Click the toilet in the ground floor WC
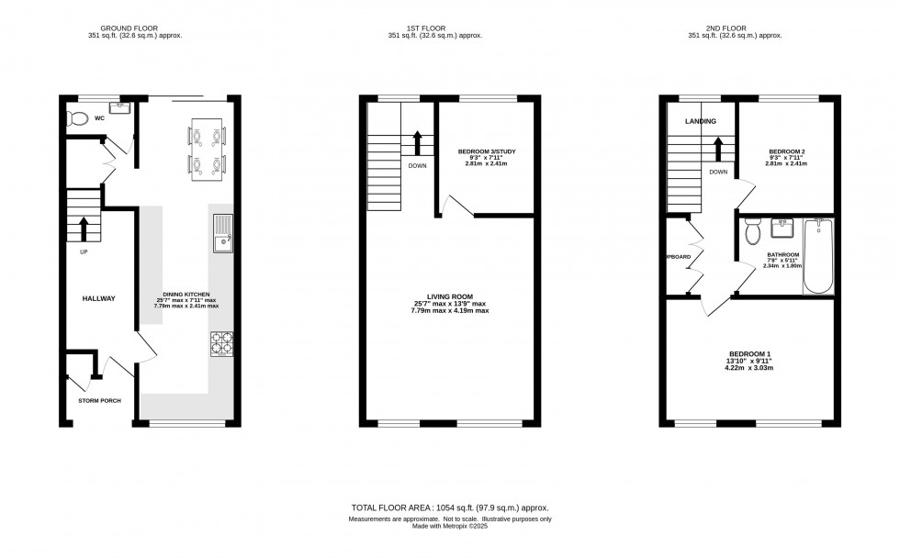(x=76, y=118)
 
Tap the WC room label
(x=99, y=118)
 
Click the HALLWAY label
(x=98, y=298)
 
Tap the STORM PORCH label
(x=100, y=401)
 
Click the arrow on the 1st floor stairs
(x=417, y=142)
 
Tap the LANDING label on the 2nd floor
(x=700, y=121)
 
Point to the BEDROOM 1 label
(x=749, y=354)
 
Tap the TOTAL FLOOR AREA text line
(x=450, y=508)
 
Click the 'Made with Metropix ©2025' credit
(x=450, y=527)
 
